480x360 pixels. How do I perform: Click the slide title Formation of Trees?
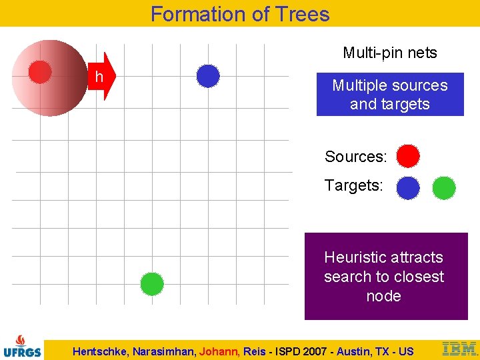pyautogui.click(x=240, y=14)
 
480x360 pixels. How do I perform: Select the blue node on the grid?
pyautogui.click(x=208, y=76)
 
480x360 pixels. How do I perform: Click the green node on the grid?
pyautogui.click(x=152, y=284)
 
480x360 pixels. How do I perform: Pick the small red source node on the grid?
pyautogui.click(x=40, y=72)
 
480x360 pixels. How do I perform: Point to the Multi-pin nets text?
pyautogui.click(x=389, y=53)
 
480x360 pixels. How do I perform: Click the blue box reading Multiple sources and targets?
pyautogui.click(x=390, y=95)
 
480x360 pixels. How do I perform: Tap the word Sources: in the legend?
pyautogui.click(x=355, y=157)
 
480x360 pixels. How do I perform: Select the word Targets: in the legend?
pyautogui.click(x=353, y=185)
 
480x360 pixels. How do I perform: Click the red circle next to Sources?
pyautogui.click(x=408, y=156)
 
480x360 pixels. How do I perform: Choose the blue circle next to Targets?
pyautogui.click(x=408, y=188)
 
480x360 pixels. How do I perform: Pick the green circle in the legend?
pyautogui.click(x=444, y=188)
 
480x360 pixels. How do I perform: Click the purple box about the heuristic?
pyautogui.click(x=386, y=276)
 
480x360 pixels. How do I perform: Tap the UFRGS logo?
pyautogui.click(x=22, y=345)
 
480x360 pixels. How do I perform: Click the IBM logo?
pyautogui.click(x=459, y=349)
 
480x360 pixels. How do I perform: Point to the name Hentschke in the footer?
pyautogui.click(x=101, y=351)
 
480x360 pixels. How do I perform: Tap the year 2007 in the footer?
pyautogui.click(x=313, y=351)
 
